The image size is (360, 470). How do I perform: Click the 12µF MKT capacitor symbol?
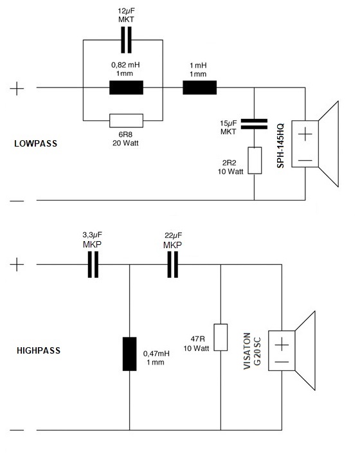click(x=126, y=40)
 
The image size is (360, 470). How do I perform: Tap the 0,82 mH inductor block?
click(x=126, y=87)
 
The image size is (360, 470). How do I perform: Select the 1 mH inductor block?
click(x=200, y=87)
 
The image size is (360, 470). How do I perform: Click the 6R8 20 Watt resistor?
click(x=126, y=121)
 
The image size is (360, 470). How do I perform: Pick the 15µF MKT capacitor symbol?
click(x=254, y=124)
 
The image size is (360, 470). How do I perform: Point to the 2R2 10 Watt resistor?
click(x=255, y=160)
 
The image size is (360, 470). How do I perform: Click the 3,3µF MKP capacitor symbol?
click(x=93, y=264)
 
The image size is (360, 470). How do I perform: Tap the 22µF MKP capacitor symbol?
click(x=172, y=264)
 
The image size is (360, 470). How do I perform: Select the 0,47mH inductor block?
click(x=129, y=354)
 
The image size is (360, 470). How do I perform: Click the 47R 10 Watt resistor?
click(x=221, y=337)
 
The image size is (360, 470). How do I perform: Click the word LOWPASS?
click(x=35, y=143)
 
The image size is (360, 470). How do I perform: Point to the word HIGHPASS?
click(x=39, y=350)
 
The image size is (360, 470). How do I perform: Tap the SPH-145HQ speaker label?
click(x=280, y=146)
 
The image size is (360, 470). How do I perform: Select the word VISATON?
click(x=247, y=351)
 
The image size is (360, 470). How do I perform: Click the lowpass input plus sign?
click(x=17, y=89)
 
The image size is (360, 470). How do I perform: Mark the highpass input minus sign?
click(x=17, y=430)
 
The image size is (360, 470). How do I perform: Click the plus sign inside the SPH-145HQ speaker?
click(x=305, y=134)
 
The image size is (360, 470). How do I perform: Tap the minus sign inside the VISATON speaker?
click(x=282, y=362)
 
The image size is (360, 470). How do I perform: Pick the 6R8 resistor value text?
click(x=125, y=134)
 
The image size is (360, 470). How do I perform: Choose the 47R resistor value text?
click(x=198, y=339)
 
